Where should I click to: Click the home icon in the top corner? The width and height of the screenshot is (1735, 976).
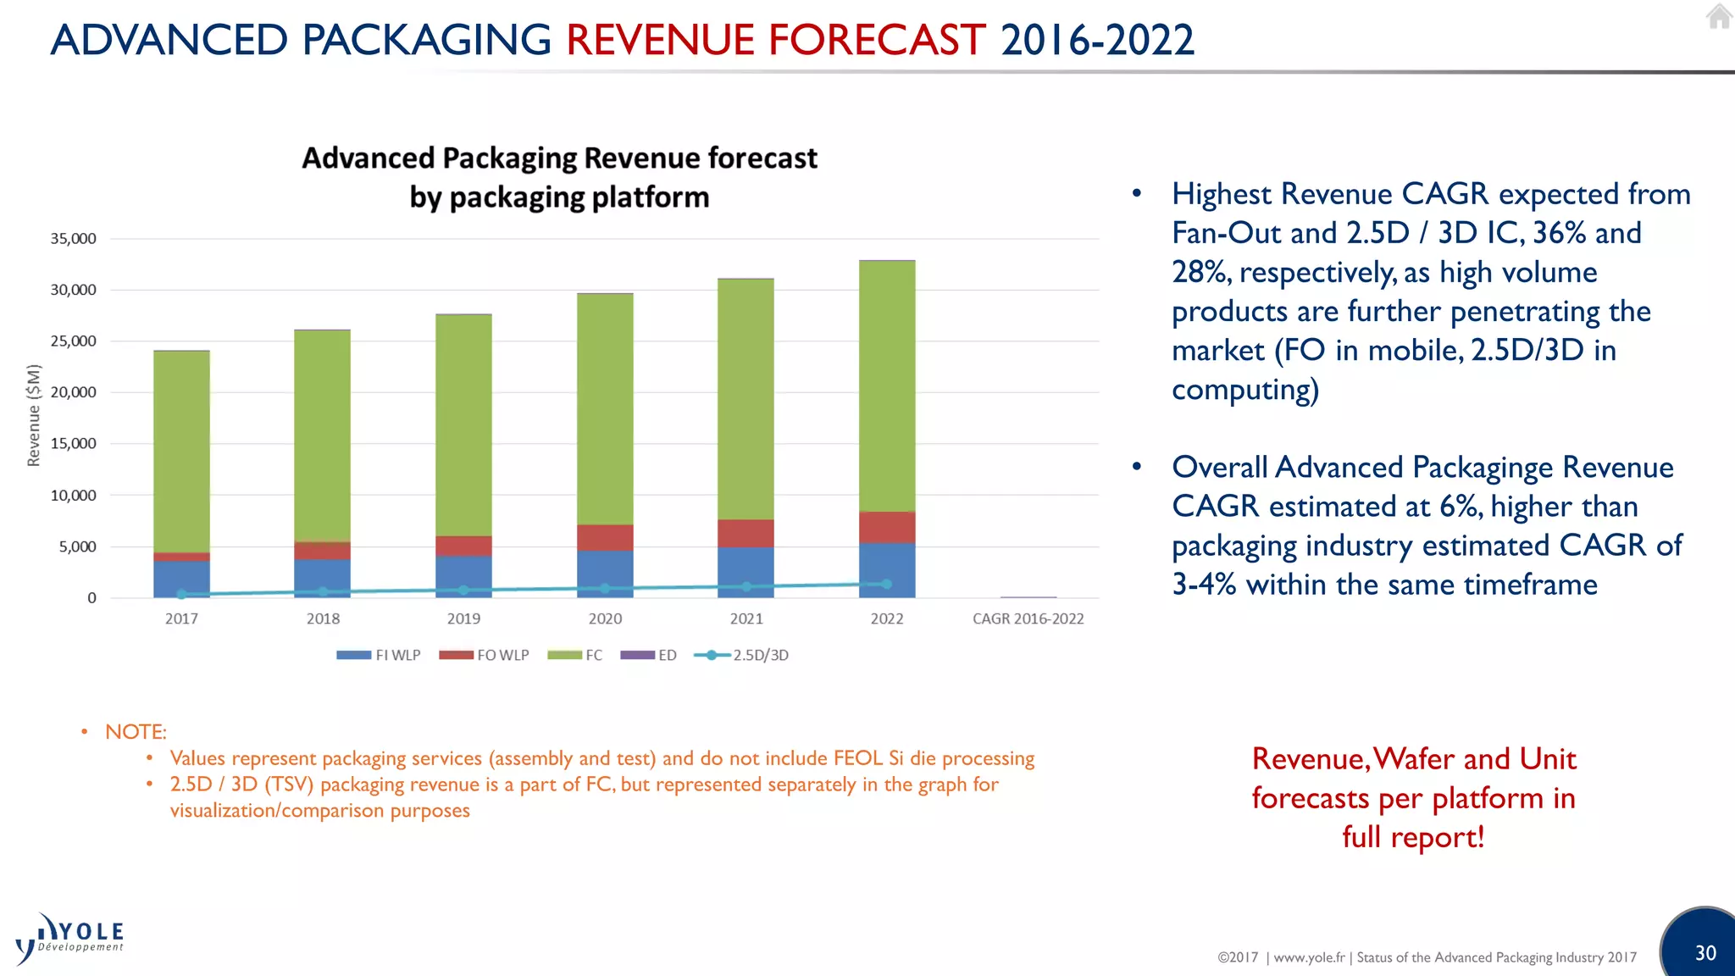1719,16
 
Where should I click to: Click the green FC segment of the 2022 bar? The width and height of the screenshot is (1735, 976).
887,385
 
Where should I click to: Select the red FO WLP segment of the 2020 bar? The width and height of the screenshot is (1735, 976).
605,537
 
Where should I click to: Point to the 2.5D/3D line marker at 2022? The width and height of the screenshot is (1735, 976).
887,584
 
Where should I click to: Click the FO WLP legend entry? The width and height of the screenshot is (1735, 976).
485,655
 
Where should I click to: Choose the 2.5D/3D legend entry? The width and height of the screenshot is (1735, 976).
741,655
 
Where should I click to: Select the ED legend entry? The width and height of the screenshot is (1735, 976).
649,655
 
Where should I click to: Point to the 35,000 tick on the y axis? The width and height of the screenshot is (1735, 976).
73,239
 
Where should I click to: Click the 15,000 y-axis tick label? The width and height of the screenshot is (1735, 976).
73,444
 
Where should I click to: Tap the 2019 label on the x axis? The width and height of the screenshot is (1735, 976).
463,618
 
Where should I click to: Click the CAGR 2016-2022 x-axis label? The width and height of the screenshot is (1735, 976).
1028,618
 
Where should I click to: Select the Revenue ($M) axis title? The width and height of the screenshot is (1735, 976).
34,415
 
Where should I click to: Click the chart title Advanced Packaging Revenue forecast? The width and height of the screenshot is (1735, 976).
559,158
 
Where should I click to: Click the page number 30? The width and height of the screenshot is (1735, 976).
1705,953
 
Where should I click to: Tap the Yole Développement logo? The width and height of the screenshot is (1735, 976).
71,939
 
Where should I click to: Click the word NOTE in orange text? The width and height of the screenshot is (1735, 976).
136,732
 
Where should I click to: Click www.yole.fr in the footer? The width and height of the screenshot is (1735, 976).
1309,957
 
